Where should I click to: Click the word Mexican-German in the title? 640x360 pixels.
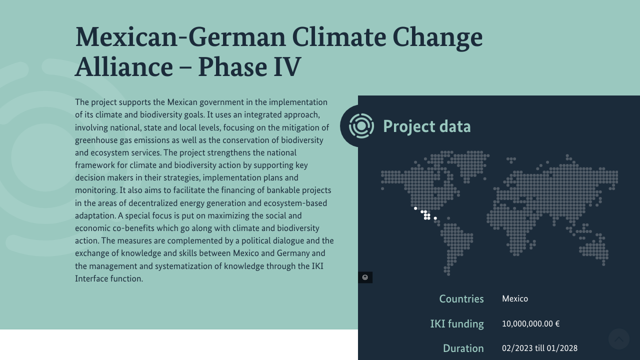[180, 37]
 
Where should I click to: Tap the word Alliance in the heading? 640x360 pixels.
[124, 67]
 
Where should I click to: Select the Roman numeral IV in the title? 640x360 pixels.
[287, 67]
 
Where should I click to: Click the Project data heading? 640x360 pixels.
[426, 126]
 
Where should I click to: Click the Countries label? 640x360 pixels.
[461, 299]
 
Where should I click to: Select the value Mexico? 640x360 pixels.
[515, 299]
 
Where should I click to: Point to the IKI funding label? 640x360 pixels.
[457, 324]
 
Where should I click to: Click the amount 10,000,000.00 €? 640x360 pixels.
[530, 323]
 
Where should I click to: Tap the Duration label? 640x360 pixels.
[463, 348]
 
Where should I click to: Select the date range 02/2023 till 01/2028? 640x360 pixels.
[539, 348]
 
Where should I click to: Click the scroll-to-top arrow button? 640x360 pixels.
[619, 339]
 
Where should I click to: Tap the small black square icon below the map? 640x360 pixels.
[365, 277]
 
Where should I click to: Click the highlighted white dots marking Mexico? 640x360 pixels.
[425, 214]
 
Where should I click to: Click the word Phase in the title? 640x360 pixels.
[232, 67]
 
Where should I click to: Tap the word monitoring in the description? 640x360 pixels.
[96, 190]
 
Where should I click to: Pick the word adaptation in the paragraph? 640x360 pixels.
[95, 215]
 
